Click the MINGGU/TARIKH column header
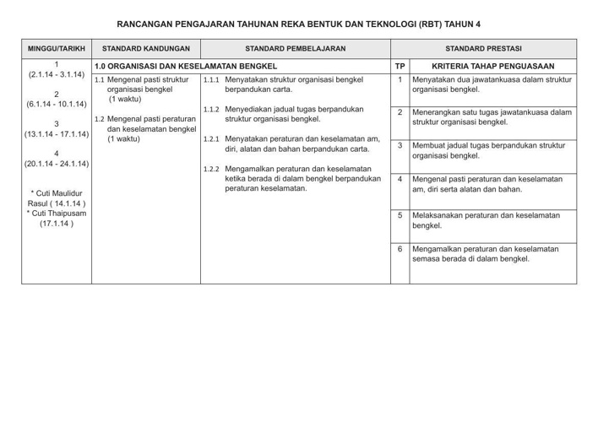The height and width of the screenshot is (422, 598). pos(56,49)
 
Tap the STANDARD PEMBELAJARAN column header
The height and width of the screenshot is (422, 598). pos(295,49)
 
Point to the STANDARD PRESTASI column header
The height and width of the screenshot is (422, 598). pos(483,49)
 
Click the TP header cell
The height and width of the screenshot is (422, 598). pos(400,65)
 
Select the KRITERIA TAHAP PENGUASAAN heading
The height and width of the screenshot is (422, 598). pos(492,65)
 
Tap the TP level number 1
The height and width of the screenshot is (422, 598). pos(400,79)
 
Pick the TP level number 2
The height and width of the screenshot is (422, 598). pos(400,112)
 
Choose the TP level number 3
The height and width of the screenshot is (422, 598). pos(400,145)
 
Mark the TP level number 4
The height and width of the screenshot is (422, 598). pos(400,179)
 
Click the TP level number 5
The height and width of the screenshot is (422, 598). pos(400,215)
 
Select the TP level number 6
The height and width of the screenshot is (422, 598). pos(400,249)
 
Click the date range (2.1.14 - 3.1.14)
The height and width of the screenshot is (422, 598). pos(56,75)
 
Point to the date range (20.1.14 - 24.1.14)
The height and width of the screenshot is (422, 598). pos(56,164)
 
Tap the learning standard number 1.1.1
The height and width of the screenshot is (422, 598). pos(212,80)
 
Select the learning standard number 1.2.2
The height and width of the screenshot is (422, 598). pos(212,169)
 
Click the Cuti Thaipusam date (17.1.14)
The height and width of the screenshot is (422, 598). pos(56,225)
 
